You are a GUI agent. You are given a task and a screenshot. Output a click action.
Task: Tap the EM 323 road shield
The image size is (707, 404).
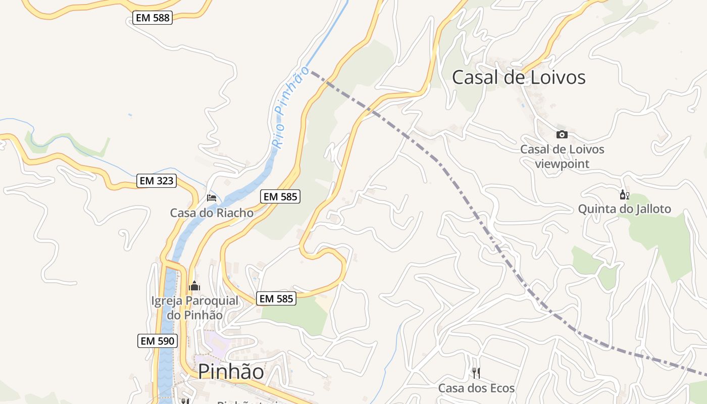156,181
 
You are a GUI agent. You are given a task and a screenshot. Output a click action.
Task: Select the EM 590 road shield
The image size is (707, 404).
157,341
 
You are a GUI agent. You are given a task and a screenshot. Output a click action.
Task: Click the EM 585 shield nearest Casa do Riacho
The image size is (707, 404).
281,196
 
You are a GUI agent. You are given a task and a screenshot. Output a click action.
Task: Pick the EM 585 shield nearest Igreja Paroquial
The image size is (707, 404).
276,298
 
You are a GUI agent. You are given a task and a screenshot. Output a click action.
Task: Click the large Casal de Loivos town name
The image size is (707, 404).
519,77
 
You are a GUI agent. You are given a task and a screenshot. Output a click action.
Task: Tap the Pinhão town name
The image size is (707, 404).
231,372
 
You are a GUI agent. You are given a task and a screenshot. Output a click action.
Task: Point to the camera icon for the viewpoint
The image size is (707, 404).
562,134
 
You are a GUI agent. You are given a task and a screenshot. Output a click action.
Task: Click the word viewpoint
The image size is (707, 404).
562,164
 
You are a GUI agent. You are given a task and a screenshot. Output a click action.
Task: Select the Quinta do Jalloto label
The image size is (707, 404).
624,209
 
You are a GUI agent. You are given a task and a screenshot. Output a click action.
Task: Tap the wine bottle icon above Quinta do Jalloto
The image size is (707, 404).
624,195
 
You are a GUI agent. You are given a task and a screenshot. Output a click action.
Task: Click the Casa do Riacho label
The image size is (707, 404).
212,213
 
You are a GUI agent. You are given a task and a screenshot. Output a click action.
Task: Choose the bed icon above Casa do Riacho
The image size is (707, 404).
212,197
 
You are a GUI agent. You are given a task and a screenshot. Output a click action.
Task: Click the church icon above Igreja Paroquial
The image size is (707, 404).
194,286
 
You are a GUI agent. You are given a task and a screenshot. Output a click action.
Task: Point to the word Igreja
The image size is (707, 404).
167,301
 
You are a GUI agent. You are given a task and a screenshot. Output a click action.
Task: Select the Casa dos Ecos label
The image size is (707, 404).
476,388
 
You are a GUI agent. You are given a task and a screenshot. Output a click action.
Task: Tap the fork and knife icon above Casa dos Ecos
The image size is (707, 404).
476,373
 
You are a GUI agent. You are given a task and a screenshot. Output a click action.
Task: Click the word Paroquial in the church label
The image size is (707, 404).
212,301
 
